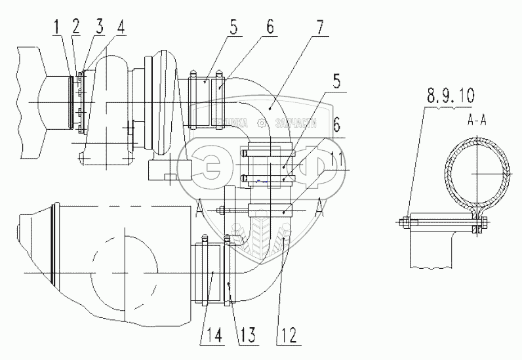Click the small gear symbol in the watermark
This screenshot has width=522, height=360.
[263, 122]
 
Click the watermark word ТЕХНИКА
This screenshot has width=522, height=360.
[230, 123]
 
